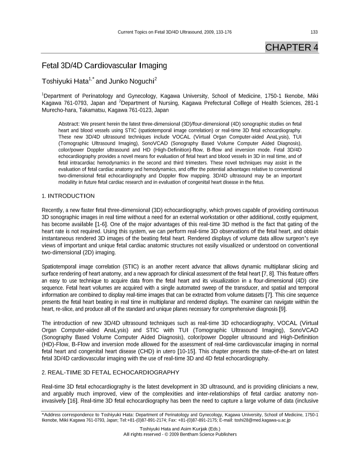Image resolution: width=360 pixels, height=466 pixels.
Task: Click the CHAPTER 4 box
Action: [291, 47]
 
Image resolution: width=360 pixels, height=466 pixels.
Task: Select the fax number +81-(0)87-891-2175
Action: [201, 420]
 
